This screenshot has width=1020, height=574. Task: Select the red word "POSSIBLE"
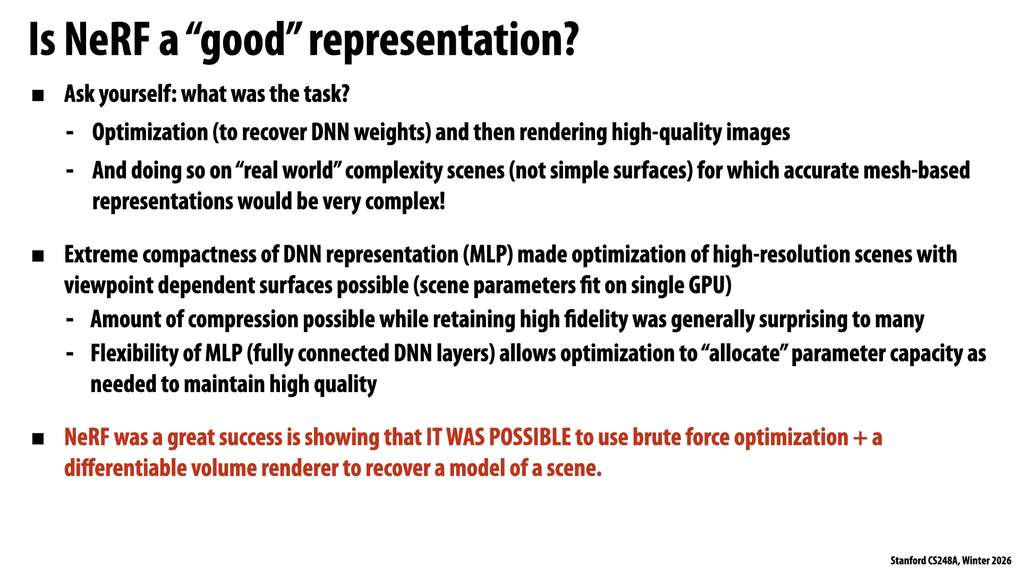[x=529, y=437]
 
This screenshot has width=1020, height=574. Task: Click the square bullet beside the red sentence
[x=38, y=439]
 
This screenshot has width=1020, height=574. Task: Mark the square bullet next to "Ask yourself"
[x=38, y=96]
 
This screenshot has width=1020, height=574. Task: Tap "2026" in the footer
[x=1001, y=561]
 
